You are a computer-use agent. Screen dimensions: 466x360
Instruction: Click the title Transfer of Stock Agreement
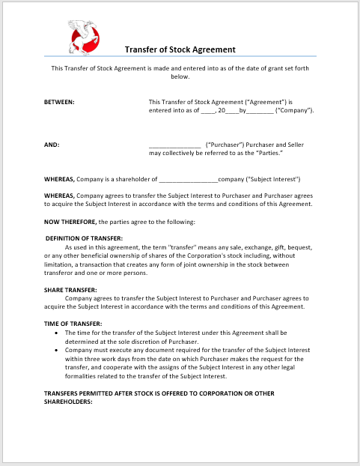180,49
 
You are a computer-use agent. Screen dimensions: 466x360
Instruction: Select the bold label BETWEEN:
59,101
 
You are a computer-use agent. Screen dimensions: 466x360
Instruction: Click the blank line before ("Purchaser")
174,145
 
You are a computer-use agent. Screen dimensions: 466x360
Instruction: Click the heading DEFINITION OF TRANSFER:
85,237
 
